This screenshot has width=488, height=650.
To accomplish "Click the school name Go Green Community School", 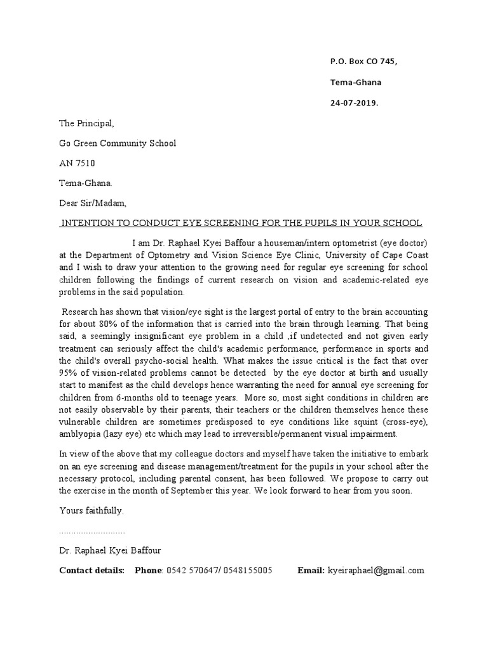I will (x=118, y=143).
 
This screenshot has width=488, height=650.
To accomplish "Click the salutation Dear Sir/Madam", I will (x=93, y=204).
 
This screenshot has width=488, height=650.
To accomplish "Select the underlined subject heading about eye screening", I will (x=240, y=223).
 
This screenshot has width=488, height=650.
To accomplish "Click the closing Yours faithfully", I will (x=91, y=510).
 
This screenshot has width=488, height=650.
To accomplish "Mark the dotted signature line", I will (x=91, y=531).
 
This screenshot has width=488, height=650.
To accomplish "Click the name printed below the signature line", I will (x=105, y=550).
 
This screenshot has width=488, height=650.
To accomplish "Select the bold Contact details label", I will (x=91, y=571).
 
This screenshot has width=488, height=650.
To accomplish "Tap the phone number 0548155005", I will (x=247, y=571).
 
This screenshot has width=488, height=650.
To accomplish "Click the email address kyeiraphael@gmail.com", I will (x=376, y=571).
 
